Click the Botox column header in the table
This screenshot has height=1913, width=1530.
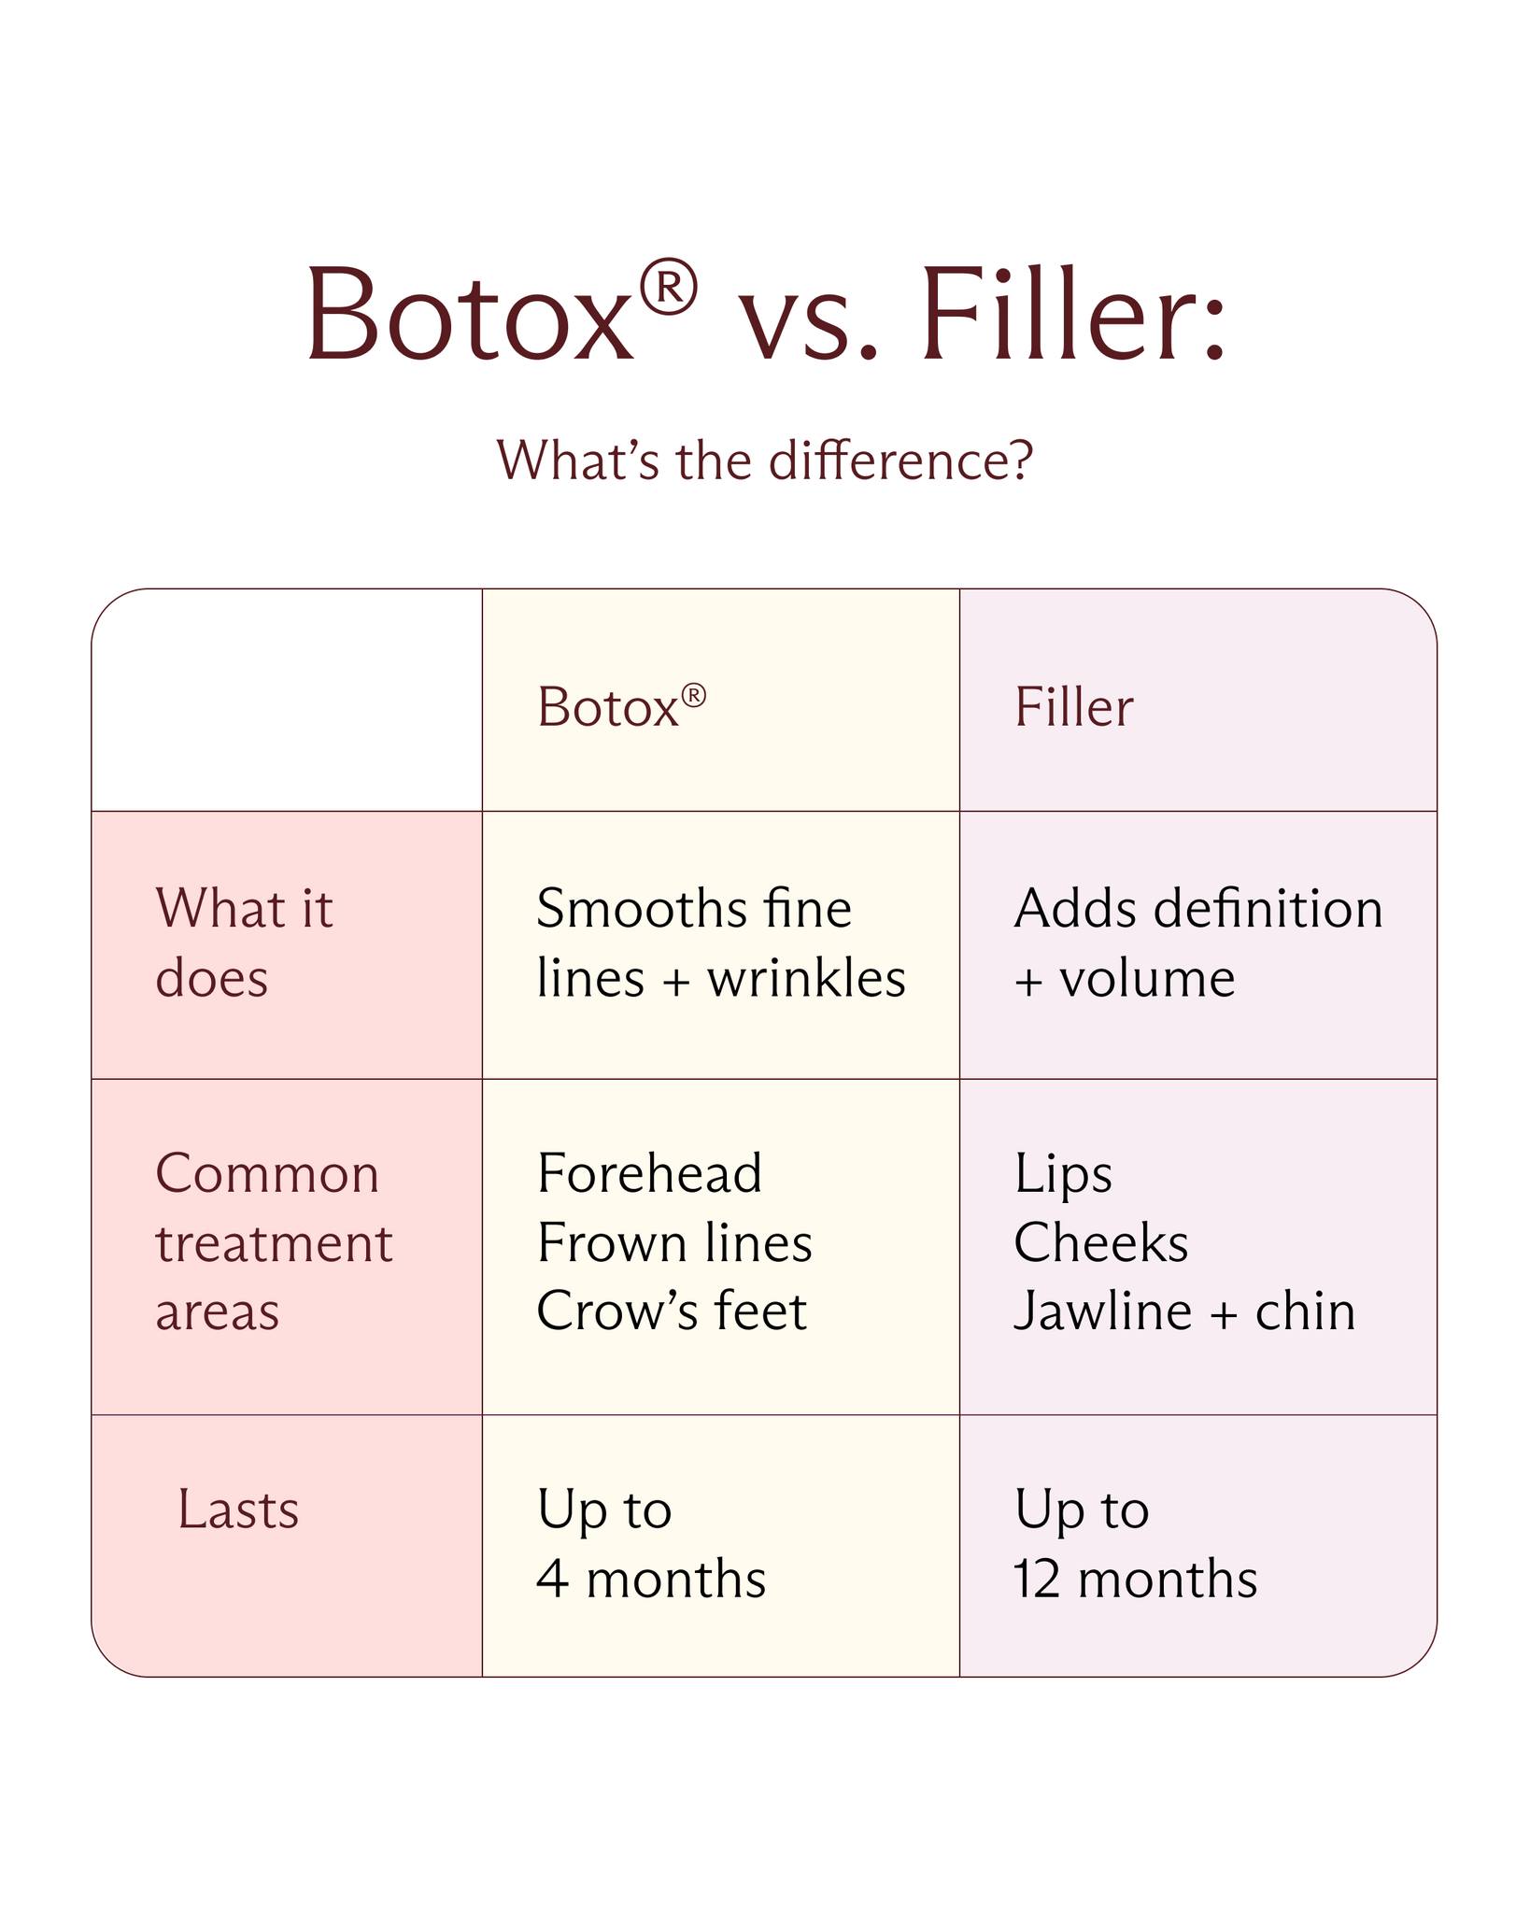(x=621, y=706)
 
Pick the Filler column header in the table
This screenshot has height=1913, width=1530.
(x=1073, y=706)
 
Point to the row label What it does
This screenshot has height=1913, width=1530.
(x=244, y=942)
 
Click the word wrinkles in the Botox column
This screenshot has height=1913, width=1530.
(x=806, y=979)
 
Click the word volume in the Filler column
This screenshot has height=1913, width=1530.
(x=1147, y=979)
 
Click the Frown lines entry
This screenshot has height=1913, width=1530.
(x=674, y=1242)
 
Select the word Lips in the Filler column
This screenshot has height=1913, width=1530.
(x=1063, y=1175)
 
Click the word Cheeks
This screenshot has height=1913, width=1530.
(x=1101, y=1242)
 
